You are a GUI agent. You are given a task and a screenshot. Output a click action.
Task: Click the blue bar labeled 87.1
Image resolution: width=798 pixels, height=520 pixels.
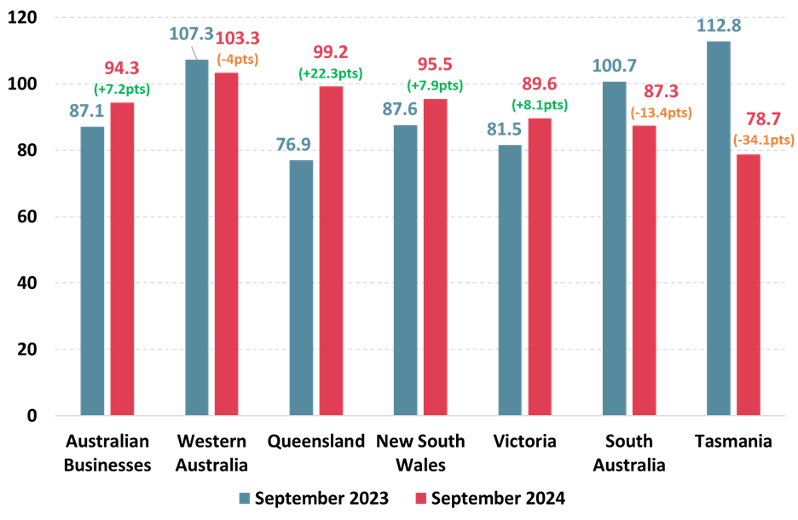click(92, 271)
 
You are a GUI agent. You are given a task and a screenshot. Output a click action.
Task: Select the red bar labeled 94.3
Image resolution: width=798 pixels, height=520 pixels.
click(122, 259)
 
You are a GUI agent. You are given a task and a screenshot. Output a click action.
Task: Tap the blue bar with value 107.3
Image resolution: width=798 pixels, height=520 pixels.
click(197, 237)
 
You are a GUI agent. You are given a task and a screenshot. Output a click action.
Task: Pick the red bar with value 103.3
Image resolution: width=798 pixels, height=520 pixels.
click(226, 244)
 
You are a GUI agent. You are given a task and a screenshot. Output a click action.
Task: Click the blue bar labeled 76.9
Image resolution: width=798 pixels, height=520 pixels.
click(301, 287)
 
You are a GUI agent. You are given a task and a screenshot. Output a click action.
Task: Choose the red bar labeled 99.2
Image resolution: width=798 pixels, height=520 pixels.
click(331, 251)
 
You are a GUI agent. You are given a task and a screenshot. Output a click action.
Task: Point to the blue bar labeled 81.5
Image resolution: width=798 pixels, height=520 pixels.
click(510, 280)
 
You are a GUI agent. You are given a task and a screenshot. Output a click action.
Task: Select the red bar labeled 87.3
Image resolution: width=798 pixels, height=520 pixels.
click(644, 270)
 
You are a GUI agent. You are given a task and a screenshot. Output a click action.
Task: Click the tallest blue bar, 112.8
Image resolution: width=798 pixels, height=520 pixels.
click(719, 228)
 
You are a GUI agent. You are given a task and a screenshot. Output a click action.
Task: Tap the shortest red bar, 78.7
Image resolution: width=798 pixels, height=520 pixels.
click(749, 285)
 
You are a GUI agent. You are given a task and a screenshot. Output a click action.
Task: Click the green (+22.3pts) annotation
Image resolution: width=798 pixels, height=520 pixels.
click(330, 73)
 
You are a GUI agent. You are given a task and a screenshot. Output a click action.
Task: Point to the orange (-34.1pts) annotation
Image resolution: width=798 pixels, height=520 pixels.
click(763, 140)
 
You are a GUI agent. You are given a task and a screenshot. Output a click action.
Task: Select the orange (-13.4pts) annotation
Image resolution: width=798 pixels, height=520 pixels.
click(661, 113)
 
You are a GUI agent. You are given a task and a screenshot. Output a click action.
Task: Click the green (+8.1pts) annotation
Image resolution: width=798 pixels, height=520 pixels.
click(539, 105)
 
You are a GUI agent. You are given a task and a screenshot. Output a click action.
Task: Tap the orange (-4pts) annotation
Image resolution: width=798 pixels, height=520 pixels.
click(237, 60)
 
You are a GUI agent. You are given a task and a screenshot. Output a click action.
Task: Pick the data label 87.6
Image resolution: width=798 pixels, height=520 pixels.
click(399, 109)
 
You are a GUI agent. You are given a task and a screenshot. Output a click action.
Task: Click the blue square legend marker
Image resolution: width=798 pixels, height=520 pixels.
click(245, 498)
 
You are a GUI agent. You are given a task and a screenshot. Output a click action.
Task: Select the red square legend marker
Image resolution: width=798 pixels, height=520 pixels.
click(420, 498)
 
